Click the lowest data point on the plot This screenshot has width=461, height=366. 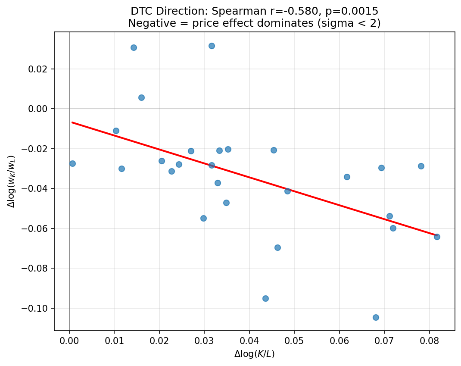376,317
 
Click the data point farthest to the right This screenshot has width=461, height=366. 437,237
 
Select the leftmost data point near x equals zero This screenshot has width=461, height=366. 72,163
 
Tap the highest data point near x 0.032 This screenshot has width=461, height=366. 212,46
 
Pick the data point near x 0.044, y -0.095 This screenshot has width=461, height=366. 265,298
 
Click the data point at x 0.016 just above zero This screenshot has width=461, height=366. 141,97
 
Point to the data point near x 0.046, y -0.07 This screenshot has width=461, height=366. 277,247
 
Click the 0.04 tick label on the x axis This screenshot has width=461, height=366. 249,342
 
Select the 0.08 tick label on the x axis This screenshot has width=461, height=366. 429,342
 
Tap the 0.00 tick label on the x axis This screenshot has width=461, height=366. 69,342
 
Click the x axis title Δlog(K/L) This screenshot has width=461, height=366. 254,354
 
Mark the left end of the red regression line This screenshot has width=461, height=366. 72,122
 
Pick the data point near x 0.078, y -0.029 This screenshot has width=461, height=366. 421,166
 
